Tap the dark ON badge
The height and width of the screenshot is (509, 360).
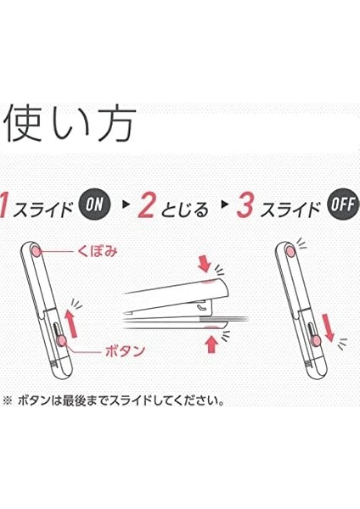tap(94, 204)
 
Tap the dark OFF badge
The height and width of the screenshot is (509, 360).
tap(344, 204)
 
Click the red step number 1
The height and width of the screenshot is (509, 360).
tap(4, 204)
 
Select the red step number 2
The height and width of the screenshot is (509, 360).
tap(147, 204)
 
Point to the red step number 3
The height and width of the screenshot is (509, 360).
tap(245, 204)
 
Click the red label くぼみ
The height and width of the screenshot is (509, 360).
tap(97, 251)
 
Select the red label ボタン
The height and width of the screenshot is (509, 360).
tap(126, 351)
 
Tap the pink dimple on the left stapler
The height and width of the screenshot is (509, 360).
tap(36, 252)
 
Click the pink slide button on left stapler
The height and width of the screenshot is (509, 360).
tap(61, 340)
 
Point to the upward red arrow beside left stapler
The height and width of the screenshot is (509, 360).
tap(72, 324)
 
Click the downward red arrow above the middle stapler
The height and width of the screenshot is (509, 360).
tap(205, 264)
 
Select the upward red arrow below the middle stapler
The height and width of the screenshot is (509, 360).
tap(211, 344)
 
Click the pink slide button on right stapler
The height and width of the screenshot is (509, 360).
tap(316, 340)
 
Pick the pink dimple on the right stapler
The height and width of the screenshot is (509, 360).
tap(290, 250)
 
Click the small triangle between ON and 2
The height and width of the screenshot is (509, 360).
tap(125, 204)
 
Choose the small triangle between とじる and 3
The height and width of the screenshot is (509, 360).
tap(223, 204)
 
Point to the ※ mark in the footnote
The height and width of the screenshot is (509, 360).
tap(7, 401)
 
